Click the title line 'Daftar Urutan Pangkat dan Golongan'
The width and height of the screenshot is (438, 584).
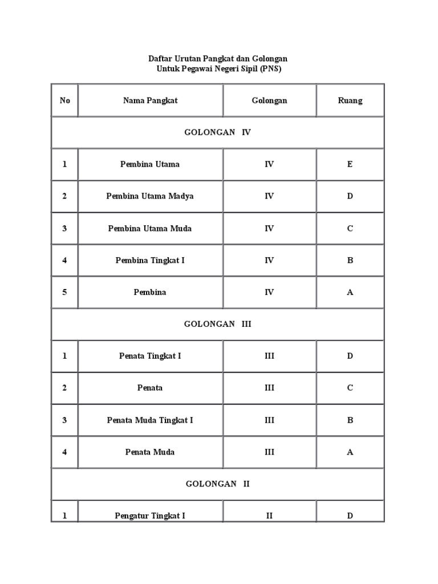tap(218, 59)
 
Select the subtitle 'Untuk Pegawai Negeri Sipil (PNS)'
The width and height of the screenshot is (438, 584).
tap(220, 69)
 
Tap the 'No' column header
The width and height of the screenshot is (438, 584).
tap(65, 101)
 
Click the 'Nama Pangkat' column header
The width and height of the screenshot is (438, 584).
tap(151, 101)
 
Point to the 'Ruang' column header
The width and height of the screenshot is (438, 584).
tap(350, 101)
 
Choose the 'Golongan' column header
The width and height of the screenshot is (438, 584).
tap(270, 101)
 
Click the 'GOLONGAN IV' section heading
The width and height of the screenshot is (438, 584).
tap(217, 132)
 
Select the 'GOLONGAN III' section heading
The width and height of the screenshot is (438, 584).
tap(217, 324)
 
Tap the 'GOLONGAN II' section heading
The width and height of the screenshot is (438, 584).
tap(217, 484)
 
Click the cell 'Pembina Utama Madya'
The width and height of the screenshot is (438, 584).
tap(150, 196)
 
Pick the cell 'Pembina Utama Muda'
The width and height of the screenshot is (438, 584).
tap(150, 229)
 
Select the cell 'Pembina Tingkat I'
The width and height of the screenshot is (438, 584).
tap(150, 261)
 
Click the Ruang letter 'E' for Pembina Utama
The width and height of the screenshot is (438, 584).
tap(350, 164)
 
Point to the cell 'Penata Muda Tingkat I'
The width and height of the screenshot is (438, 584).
tap(150, 420)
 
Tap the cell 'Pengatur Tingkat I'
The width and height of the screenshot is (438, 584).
tap(150, 516)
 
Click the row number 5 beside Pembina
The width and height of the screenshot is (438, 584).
tap(65, 293)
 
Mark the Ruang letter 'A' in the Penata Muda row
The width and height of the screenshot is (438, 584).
tap(350, 452)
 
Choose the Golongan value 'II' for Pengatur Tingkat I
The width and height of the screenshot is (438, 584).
tap(270, 516)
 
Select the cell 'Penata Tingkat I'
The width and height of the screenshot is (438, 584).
tap(150, 356)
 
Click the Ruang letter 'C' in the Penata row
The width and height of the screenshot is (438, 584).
tap(350, 388)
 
